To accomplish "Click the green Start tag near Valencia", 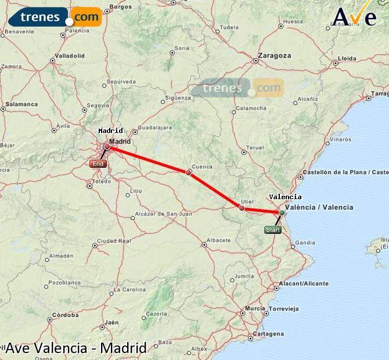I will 272,230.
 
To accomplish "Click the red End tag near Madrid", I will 98,164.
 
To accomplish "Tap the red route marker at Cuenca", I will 188,172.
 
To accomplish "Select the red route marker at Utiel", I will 242,208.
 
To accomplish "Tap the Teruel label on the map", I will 255,147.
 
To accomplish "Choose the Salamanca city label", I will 21,105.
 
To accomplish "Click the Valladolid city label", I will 69,56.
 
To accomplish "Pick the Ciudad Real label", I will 110,240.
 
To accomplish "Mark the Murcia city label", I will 255,308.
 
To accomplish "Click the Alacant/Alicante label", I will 304,283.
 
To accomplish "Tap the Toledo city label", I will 102,181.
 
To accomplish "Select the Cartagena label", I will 269,334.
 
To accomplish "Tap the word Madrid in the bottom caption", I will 123,348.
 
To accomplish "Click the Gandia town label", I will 305,243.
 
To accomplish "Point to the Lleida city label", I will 347,59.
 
